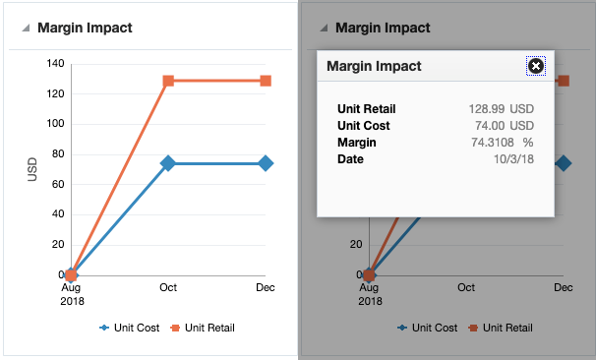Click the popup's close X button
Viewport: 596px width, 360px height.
(536, 66)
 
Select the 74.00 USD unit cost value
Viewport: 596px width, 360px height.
(505, 126)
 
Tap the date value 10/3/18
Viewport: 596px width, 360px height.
(512, 158)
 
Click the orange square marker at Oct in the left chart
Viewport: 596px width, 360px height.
(168, 81)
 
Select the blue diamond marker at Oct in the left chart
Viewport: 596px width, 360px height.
(168, 163)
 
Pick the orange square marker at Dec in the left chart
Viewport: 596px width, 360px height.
(266, 81)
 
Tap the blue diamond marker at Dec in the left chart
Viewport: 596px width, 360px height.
(266, 163)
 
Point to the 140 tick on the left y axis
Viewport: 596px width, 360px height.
(53, 64)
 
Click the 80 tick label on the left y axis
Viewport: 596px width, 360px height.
(56, 154)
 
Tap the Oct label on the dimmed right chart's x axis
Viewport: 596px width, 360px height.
(465, 288)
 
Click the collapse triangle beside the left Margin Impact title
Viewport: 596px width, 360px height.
(25, 29)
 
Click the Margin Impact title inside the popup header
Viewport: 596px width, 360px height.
(374, 66)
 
